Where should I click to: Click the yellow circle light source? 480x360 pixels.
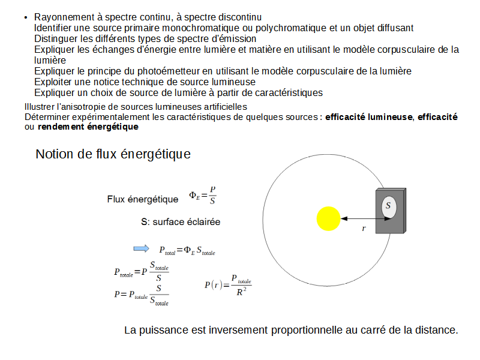(x=328, y=218)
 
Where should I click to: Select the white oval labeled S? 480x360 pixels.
(x=388, y=206)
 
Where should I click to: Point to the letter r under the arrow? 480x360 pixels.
(x=364, y=229)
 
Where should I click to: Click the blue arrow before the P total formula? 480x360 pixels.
(x=140, y=248)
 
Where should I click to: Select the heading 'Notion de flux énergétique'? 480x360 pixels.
(x=113, y=154)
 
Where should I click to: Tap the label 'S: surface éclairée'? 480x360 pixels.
(x=181, y=221)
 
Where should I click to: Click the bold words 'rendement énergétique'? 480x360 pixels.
(x=88, y=127)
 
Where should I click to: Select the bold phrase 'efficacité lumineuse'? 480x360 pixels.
(x=369, y=117)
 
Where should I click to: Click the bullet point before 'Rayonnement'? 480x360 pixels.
(x=26, y=17)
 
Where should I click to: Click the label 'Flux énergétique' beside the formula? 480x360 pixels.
(x=142, y=199)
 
